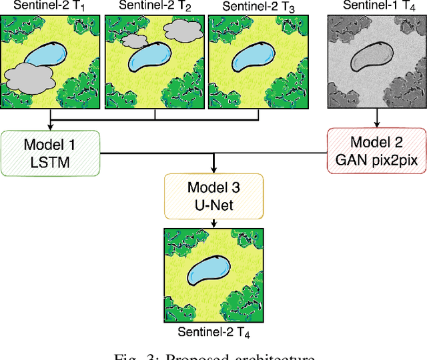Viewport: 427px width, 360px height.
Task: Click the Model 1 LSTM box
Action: click(x=50, y=153)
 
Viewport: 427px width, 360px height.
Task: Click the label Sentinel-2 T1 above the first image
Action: click(x=51, y=6)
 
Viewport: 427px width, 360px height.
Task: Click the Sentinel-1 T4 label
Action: click(x=376, y=6)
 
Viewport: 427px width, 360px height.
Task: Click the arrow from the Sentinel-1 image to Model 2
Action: click(x=376, y=119)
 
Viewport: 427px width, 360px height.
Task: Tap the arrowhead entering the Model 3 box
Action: click(x=213, y=171)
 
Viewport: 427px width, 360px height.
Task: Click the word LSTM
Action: click(x=50, y=162)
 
